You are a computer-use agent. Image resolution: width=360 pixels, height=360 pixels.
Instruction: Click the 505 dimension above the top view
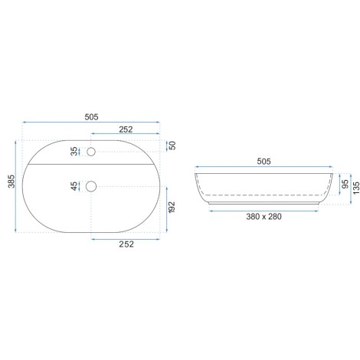point(91,117)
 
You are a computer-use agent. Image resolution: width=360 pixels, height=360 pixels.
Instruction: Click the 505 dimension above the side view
point(263,162)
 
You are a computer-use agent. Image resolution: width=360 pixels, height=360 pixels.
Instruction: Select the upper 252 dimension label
point(126,129)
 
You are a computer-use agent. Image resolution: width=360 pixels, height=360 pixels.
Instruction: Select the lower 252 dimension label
point(126,244)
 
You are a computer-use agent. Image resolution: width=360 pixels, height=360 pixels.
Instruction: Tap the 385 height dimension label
point(11,182)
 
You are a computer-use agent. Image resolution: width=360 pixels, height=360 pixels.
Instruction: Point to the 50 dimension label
point(173,146)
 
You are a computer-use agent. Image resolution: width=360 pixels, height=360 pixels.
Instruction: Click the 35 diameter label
point(74,151)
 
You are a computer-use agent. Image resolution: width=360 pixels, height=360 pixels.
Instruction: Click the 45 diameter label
point(74,186)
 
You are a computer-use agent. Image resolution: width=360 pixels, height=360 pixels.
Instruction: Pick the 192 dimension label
point(172,207)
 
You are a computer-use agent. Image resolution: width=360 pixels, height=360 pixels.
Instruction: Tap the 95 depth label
point(345,184)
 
